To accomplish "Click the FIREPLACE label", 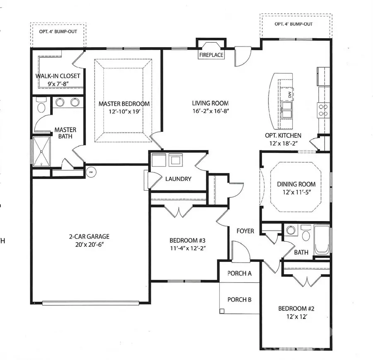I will [211, 55].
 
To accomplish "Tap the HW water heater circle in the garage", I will [90, 171].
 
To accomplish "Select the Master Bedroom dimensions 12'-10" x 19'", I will [124, 112].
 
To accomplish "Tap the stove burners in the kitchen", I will [323, 110].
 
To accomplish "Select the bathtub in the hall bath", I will [322, 241].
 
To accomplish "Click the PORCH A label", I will [240, 274].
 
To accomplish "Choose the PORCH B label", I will [240, 299].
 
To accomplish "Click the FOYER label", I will [245, 231].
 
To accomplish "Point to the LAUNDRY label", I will [178, 179].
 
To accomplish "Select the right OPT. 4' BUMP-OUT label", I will [293, 24].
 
